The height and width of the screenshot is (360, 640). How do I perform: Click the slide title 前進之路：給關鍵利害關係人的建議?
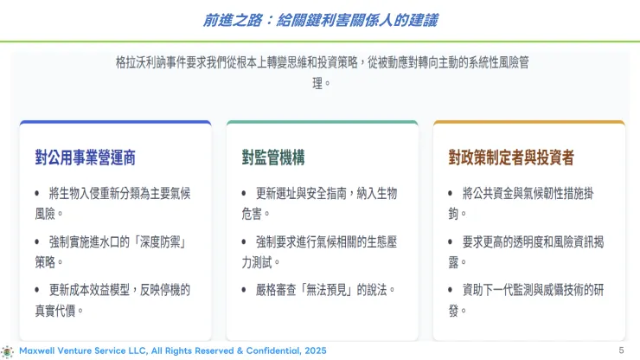coord(320,20)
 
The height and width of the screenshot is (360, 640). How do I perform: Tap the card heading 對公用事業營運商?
coord(85,157)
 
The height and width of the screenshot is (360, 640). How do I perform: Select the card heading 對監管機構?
coord(272,157)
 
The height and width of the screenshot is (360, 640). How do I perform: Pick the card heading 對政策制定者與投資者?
coord(511,157)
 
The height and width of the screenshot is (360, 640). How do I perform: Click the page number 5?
coord(621,350)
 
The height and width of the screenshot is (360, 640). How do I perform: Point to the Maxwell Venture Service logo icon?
coord(8,350)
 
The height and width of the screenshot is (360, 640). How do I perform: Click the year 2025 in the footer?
coord(314,350)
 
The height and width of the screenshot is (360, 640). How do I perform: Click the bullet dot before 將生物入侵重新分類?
coord(37,193)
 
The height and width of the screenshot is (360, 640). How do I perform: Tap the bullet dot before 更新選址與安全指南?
coord(244,193)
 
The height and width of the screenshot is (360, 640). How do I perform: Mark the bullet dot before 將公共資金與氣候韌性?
coord(451,193)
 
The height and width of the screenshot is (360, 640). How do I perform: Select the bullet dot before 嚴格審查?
coord(244,288)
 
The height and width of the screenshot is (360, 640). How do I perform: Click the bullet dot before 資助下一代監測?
coord(451,288)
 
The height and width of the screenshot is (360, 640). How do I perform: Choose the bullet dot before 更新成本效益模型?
coord(37,288)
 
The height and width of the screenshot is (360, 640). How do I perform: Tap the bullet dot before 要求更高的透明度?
coord(451,241)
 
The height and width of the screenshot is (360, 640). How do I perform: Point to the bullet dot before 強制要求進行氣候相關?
coord(244,241)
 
